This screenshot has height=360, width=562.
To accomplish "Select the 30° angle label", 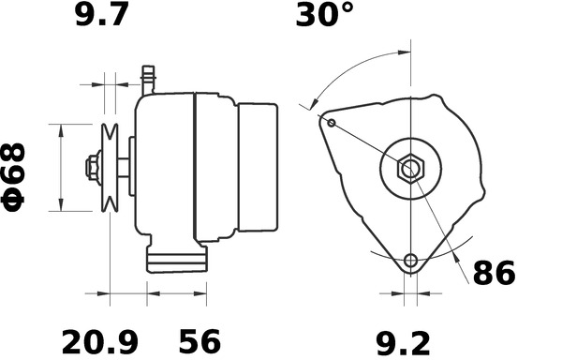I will tap(325, 16).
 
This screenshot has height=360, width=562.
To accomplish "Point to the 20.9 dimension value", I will tap(95, 339).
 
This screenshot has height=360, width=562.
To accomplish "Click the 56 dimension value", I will tap(200, 339).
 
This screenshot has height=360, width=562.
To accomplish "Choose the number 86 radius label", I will tap(494, 274).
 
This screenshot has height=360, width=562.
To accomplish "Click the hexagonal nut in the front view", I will tap(410, 170).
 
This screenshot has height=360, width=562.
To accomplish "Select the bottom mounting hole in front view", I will tap(410, 261).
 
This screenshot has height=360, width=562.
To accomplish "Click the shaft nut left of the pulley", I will tap(92, 169).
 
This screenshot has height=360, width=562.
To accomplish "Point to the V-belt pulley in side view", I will tap(111, 168).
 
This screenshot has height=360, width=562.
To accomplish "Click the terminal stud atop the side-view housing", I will tap(147, 77).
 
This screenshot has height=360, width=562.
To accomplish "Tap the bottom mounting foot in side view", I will tap(175, 259).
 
